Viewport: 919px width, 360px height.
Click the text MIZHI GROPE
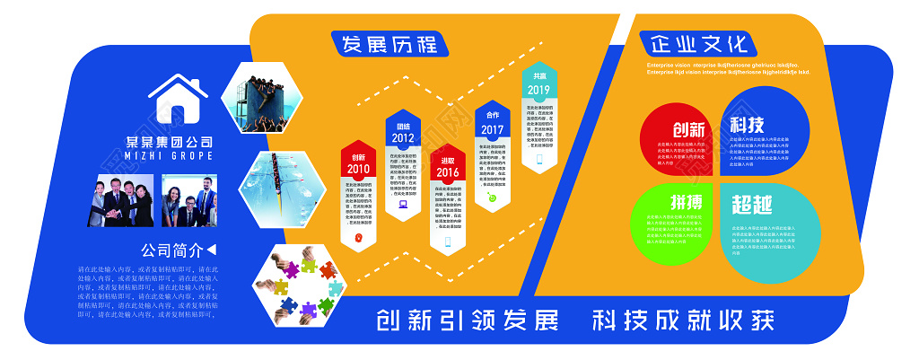click(x=170, y=155)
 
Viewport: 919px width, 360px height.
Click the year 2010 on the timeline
click(x=358, y=168)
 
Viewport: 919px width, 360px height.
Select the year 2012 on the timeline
click(x=403, y=138)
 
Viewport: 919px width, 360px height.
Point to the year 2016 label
click(x=448, y=172)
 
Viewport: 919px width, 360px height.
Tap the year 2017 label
click(x=493, y=129)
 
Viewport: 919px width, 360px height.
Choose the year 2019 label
click(x=538, y=90)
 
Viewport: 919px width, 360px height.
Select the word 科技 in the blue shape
click(x=747, y=124)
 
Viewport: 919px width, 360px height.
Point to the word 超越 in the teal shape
click(x=750, y=205)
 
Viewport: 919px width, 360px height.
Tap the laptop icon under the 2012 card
click(x=403, y=204)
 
